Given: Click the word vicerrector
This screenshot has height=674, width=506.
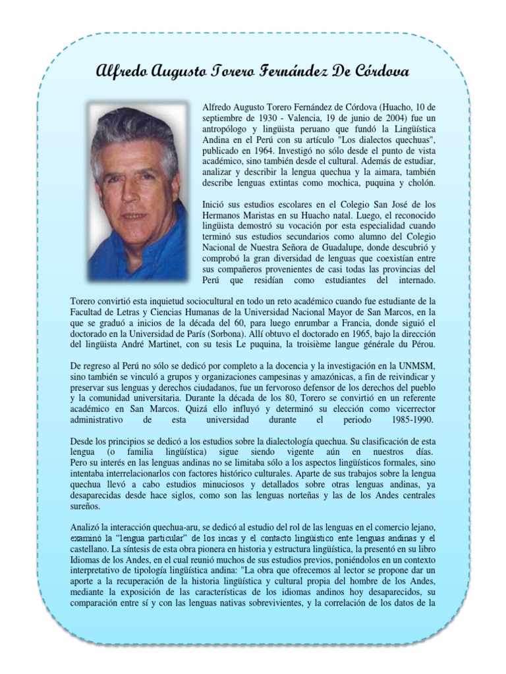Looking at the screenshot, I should (x=408, y=409).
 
